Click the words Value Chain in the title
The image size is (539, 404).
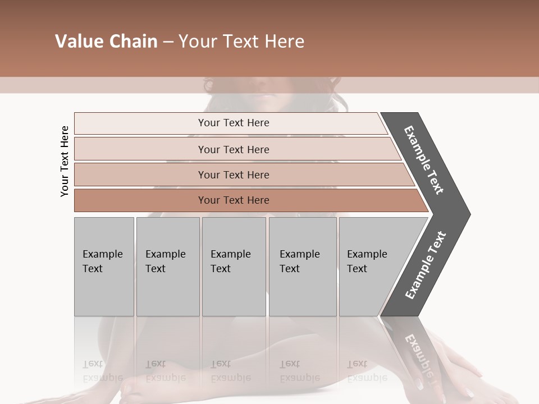pos(106,42)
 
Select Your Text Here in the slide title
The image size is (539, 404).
pos(241,42)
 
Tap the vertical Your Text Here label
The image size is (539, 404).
pos(65,161)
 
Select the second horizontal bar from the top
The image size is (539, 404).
pos(234,149)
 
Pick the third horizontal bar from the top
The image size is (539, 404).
pos(234,175)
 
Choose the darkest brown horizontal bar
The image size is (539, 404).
pos(234,200)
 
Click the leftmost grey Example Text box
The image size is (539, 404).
pos(104,267)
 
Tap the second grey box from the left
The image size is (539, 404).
pos(167,267)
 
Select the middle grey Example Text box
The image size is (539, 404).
pos(234,267)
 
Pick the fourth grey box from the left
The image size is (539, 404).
pos(302,267)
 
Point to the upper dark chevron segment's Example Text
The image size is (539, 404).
pos(424,160)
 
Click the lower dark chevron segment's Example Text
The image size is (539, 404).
pos(425,265)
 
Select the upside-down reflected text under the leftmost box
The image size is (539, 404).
pos(103,370)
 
